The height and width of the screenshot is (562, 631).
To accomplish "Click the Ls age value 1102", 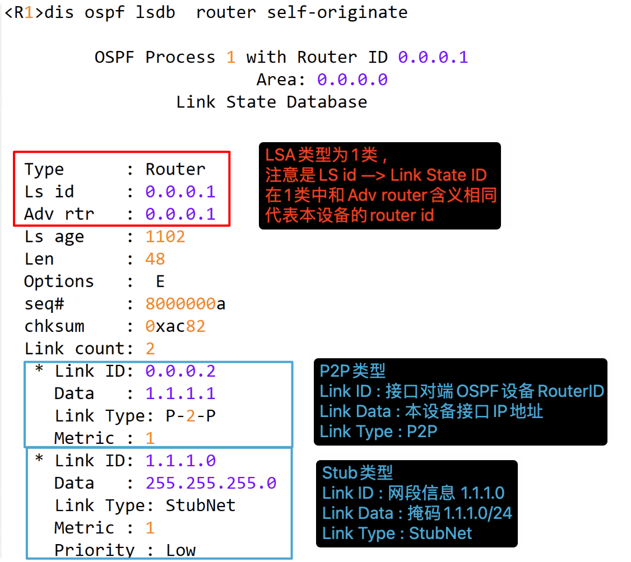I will click(x=165, y=237).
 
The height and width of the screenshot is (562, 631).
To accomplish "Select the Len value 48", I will click(x=155, y=259).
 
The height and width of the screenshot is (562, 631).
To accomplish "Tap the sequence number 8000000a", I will click(x=185, y=304).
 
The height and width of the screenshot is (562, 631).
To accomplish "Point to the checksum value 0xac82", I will click(x=175, y=326).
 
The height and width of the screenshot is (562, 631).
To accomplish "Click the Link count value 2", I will click(x=150, y=349).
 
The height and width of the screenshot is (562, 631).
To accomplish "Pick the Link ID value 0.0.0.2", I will click(x=180, y=371).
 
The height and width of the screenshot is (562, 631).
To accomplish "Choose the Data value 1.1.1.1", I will click(x=180, y=394).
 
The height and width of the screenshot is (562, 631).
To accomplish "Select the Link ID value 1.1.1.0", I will click(x=180, y=461).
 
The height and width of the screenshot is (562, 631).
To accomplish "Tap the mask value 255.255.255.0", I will click(x=211, y=483).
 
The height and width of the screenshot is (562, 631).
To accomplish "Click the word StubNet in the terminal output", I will click(x=201, y=505).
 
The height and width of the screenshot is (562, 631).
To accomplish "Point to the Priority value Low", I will click(x=180, y=550).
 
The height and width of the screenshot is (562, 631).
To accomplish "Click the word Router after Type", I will click(x=175, y=169).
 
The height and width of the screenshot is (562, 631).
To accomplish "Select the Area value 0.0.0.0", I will click(x=352, y=79).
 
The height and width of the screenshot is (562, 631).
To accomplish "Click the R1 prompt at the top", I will click(x=23, y=12).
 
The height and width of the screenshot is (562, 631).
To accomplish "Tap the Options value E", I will click(x=160, y=282).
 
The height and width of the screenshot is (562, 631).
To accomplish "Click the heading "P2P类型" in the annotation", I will click(x=352, y=371).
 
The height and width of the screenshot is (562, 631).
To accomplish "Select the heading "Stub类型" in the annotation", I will click(x=358, y=473).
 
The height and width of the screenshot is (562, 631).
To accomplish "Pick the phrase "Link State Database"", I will click(x=271, y=102).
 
